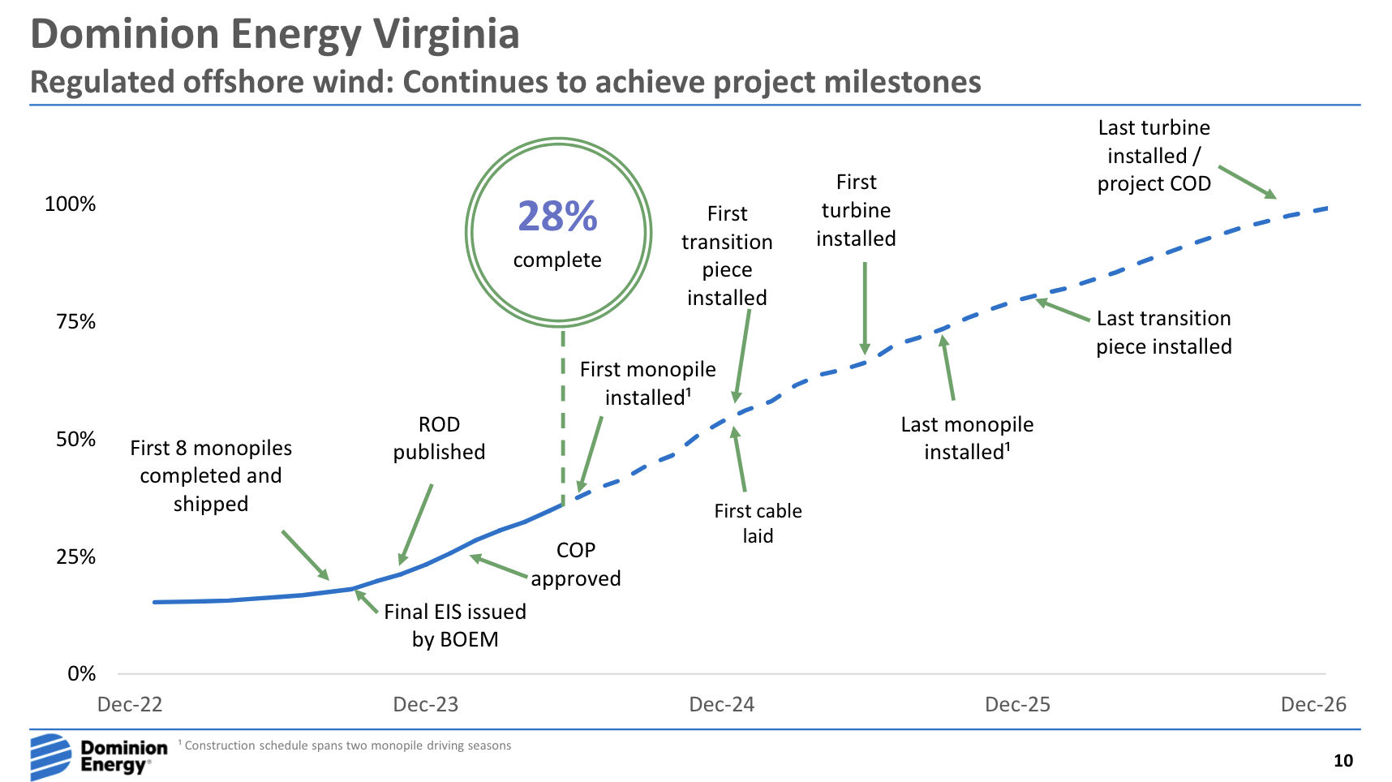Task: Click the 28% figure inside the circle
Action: pyautogui.click(x=557, y=217)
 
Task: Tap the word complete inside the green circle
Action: pyautogui.click(x=557, y=260)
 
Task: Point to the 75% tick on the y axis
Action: pyautogui.click(x=75, y=322)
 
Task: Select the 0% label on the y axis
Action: pyautogui.click(x=81, y=674)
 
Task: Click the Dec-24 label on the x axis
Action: pyautogui.click(x=721, y=704)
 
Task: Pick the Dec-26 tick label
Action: pyautogui.click(x=1313, y=704)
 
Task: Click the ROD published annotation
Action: pyautogui.click(x=439, y=438)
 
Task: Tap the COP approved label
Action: pyautogui.click(x=576, y=565)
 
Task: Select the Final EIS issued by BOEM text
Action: pyautogui.click(x=455, y=625)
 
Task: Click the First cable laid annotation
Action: pyautogui.click(x=758, y=523)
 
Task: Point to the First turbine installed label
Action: pyautogui.click(x=856, y=211)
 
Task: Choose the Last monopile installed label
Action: pyautogui.click(x=967, y=438)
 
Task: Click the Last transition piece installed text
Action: pyautogui.click(x=1163, y=333)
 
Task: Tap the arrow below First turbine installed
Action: pyautogui.click(x=865, y=307)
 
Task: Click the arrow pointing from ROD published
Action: pyautogui.click(x=415, y=524)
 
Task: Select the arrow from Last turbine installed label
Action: pyautogui.click(x=1247, y=182)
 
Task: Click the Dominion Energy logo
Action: pyautogui.click(x=98, y=756)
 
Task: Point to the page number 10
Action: pyautogui.click(x=1343, y=761)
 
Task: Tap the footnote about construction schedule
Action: pyautogui.click(x=347, y=745)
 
